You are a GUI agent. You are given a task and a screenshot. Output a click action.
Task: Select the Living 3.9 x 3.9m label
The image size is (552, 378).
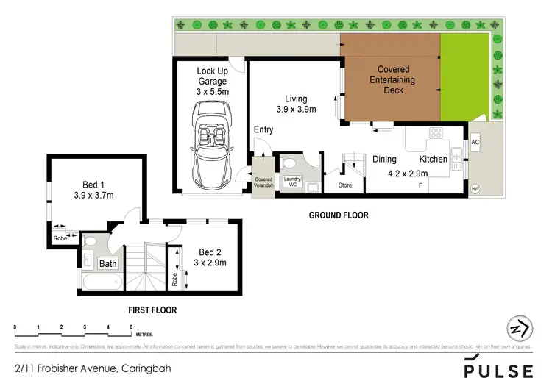click(296, 104)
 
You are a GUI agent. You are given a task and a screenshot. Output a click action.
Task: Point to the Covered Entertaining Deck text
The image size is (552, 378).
click(389, 79)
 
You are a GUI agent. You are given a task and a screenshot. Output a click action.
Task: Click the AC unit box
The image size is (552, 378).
click(475, 142)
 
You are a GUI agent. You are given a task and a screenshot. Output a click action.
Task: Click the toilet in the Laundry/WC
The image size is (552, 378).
click(289, 163)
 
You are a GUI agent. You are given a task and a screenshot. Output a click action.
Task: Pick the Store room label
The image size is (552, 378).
click(345, 185)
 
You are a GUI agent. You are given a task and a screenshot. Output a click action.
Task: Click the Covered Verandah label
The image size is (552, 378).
click(263, 182)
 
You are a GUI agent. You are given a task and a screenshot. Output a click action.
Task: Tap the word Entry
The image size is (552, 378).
click(263, 130)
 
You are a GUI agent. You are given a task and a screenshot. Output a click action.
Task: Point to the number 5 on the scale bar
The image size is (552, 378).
click(131, 326)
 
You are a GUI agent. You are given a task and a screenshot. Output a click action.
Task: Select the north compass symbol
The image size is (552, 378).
click(520, 328)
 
